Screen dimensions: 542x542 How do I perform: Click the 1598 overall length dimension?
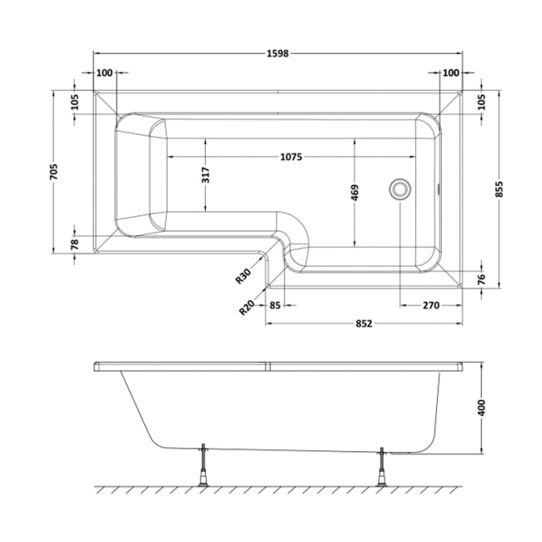click(x=278, y=53)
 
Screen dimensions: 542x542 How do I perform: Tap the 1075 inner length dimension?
click(x=291, y=157)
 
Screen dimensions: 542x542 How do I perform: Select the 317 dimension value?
click(x=205, y=175)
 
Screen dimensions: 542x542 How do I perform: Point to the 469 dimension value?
click(x=354, y=193)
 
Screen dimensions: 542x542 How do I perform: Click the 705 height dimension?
click(x=54, y=172)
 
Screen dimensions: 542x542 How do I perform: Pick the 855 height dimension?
click(x=499, y=189)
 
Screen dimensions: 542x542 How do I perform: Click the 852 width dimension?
click(x=364, y=324)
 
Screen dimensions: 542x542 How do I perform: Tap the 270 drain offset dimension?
click(x=431, y=305)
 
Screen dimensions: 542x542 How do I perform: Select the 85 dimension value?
click(x=275, y=305)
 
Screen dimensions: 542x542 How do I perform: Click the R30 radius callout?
click(x=243, y=276)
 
